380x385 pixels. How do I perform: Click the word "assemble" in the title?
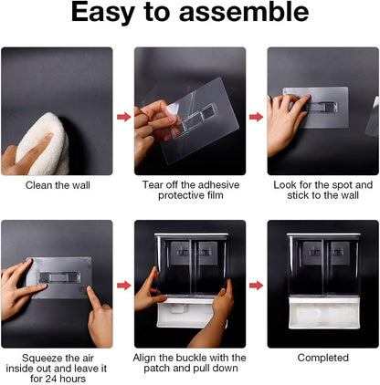pos(244,12)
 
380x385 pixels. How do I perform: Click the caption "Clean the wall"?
pos(58,185)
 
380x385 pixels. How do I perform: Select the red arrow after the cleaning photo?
pos(124,117)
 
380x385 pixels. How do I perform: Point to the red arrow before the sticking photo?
pos(257,117)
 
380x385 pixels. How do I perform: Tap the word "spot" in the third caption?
pos(342,185)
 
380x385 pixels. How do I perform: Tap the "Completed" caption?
pos(323,358)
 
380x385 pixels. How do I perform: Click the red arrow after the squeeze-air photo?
pos(124,286)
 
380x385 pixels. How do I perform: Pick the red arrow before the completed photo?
pos(257,286)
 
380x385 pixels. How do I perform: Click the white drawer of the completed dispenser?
pos(323,313)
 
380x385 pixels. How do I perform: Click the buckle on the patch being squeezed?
pos(59,277)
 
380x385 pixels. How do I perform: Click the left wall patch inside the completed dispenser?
pos(312,253)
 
